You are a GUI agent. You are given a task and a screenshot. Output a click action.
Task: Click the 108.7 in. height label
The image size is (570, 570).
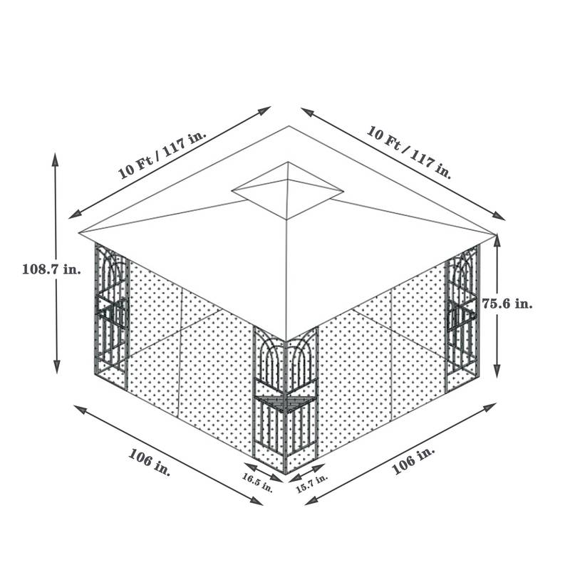coord(51,269)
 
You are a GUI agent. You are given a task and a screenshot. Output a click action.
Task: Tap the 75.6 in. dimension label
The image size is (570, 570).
coord(507,304)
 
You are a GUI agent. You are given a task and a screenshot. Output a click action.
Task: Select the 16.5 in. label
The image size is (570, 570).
coord(257,482)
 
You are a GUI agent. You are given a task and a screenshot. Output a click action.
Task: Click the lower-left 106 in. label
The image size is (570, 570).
coord(150,462)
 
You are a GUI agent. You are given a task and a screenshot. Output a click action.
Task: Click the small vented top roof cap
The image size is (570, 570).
coord(288,190)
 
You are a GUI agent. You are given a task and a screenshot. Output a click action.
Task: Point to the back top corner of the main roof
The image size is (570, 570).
coord(289,127)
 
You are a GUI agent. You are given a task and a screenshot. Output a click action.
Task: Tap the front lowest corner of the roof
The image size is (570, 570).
coord(286,340)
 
